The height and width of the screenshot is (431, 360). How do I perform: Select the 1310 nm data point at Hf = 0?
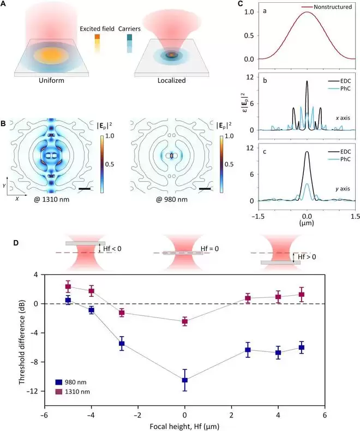pos(185,321)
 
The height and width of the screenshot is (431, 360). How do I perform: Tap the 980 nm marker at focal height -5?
pos(68,300)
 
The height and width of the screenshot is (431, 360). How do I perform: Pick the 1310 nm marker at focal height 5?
pos(301,295)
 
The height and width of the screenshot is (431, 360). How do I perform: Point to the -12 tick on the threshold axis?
pos(32,392)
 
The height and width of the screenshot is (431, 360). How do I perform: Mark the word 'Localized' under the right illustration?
pos(171,80)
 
